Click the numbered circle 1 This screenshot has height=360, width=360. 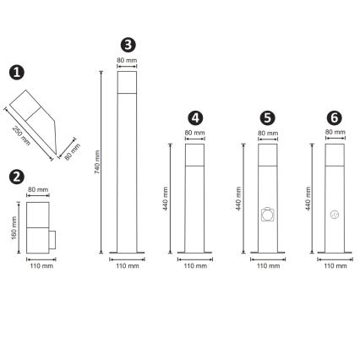coord(15,74)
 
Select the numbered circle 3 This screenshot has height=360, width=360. coord(127,44)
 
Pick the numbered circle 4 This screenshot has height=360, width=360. coord(194,117)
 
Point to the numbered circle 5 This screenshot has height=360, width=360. coord(266,117)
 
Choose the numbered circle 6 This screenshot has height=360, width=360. coord(334,117)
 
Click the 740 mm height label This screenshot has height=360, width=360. coord(98,162)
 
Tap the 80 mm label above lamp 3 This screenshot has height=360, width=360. coord(127,61)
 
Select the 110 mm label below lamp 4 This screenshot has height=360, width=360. coord(194,266)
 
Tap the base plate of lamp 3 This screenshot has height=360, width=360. coord(127,252)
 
